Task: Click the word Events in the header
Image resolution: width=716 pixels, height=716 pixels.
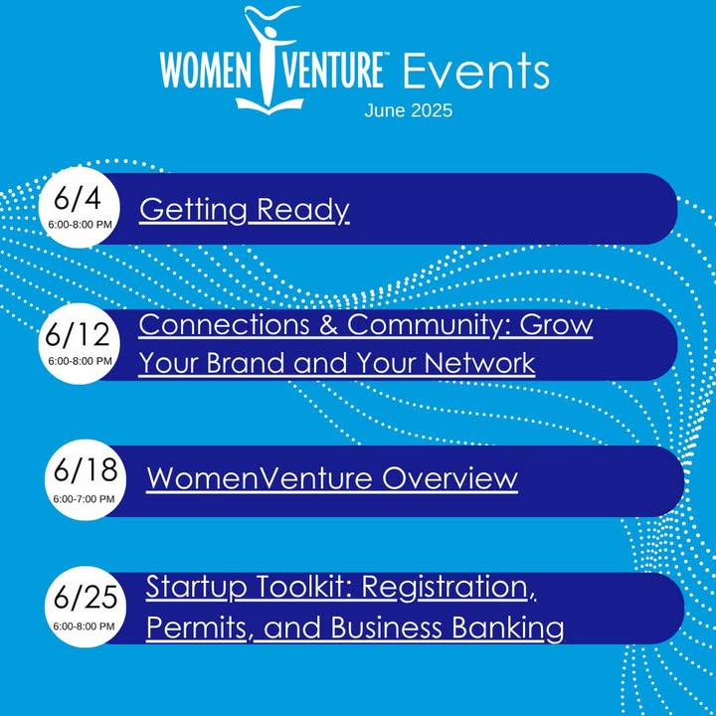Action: tap(475, 71)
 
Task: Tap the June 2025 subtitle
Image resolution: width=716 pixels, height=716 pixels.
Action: tap(409, 110)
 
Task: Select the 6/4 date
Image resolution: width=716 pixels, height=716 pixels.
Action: tap(78, 199)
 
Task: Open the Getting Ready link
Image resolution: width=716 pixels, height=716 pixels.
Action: tap(245, 210)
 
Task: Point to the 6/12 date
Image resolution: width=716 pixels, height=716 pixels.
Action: tap(78, 335)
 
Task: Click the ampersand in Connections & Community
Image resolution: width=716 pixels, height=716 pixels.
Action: tap(328, 325)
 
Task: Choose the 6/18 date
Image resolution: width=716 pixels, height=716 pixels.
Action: tap(86, 469)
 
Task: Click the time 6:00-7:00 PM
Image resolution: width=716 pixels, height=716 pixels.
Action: tap(84, 499)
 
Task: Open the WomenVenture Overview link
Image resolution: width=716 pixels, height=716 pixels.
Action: tap(332, 478)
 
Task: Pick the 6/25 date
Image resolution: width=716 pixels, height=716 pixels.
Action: tap(86, 597)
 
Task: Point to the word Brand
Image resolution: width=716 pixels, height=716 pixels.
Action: tap(247, 363)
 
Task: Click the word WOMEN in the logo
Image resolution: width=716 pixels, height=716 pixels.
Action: tap(206, 71)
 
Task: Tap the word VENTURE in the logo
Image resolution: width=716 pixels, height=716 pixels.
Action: tap(332, 71)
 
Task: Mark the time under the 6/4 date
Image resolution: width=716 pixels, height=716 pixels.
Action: tap(80, 225)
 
